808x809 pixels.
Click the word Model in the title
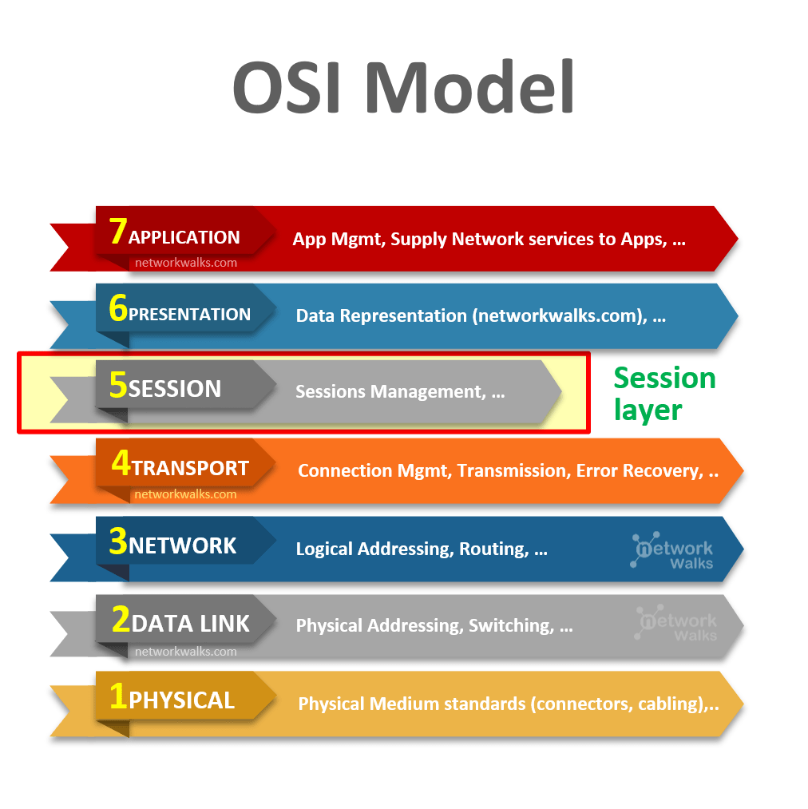tap(471, 85)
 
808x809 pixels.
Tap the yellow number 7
tap(118, 231)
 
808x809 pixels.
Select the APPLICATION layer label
tap(184, 237)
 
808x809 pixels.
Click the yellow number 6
tap(118, 308)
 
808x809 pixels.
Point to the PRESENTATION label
tap(189, 315)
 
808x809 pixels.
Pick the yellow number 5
tap(118, 385)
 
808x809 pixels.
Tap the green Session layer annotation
tap(663, 393)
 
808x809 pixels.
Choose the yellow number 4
tap(121, 463)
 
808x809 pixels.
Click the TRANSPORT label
tap(190, 469)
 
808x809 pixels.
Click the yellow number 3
tap(118, 541)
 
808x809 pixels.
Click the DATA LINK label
tap(191, 624)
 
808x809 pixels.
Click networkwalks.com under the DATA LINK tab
tap(185, 652)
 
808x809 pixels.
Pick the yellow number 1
tap(118, 696)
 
